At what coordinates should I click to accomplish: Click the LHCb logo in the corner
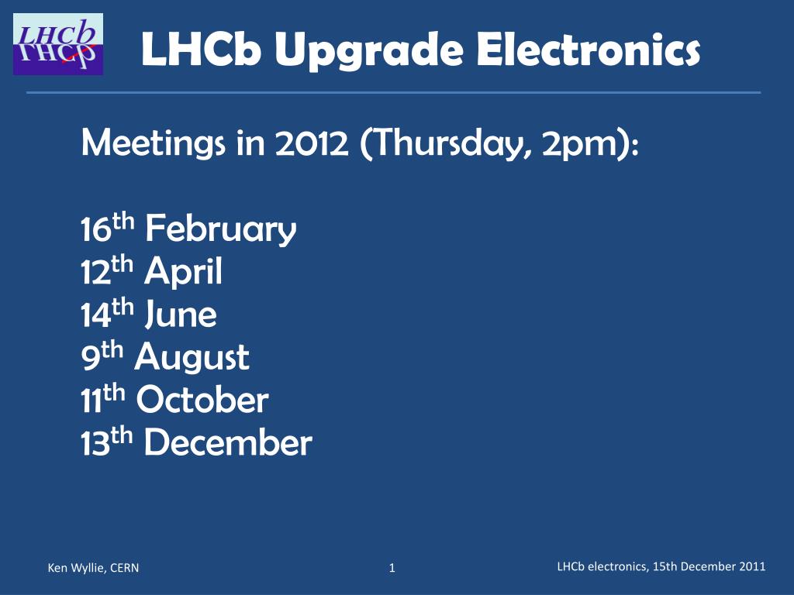click(58, 44)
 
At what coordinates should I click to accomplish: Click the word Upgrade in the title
click(368, 51)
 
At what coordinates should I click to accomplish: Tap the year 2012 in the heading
click(312, 143)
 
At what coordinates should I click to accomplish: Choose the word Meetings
click(153, 143)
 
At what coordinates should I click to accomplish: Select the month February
click(220, 229)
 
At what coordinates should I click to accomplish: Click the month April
click(183, 272)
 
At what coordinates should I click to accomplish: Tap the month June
click(181, 315)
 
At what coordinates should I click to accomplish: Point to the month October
click(202, 400)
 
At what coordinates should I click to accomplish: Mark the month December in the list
click(228, 442)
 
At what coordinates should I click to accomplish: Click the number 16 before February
click(96, 229)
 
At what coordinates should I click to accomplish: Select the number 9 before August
click(90, 358)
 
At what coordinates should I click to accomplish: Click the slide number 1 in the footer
click(392, 568)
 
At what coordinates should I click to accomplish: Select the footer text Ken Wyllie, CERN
click(93, 568)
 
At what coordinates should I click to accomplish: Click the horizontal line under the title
click(394, 93)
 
